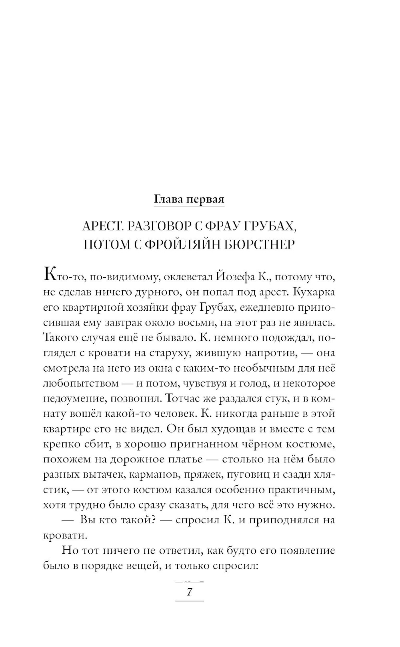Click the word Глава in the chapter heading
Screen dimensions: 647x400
coord(168,199)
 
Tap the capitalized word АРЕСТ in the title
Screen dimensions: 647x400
coord(100,227)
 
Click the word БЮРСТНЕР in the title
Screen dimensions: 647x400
coord(260,244)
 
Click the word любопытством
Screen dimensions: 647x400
coord(81,384)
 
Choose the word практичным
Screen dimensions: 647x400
coord(305,490)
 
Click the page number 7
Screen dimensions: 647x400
coord(190,592)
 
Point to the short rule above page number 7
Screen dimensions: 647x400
coord(190,581)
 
